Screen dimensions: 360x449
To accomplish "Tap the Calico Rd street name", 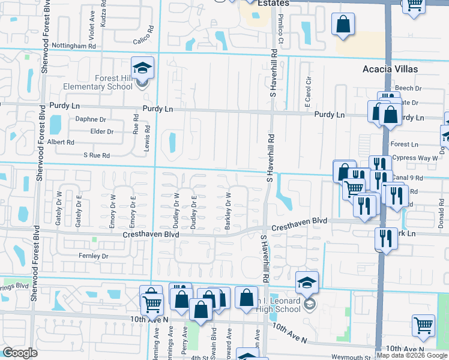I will (143, 42).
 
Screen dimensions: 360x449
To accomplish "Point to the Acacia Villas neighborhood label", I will (390, 69).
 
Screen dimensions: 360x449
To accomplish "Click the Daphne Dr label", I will (91, 119).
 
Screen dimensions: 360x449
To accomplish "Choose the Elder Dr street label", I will (101, 131).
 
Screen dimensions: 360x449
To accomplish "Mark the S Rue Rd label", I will (97, 155).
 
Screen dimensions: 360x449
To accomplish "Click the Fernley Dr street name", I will (93, 256).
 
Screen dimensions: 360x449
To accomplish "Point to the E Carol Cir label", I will (307, 91).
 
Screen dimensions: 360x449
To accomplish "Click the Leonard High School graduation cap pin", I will (307, 283).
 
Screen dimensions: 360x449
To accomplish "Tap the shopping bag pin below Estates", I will (343, 25).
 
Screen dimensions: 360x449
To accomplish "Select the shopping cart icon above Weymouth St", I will (424, 326).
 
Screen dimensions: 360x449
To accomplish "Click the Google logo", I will (20, 353).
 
